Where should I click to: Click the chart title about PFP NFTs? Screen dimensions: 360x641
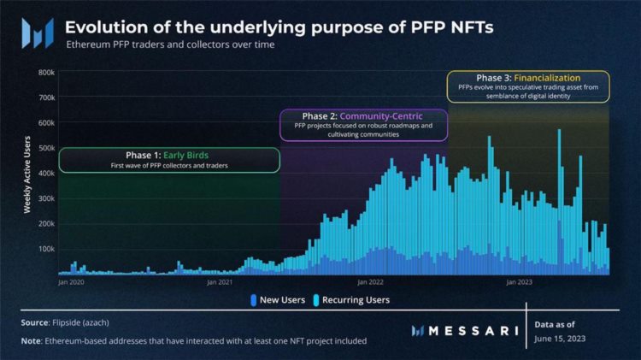pos(279,27)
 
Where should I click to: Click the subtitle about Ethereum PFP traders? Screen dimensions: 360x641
pos(170,44)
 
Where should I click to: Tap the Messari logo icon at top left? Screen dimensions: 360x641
pos(38,33)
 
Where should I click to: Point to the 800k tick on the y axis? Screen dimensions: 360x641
pos(44,73)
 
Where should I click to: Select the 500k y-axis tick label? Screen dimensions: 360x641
pos(44,148)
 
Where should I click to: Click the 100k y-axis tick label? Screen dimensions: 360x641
pos(44,249)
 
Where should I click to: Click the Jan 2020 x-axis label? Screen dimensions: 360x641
pos(71,281)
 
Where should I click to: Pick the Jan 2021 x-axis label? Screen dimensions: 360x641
pos(220,281)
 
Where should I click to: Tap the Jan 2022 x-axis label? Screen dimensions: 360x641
pos(369,281)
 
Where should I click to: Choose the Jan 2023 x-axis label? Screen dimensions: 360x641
pos(519,281)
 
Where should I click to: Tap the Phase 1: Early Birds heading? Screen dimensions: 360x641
pos(168,155)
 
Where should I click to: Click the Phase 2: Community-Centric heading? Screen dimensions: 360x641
pos(362,115)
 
